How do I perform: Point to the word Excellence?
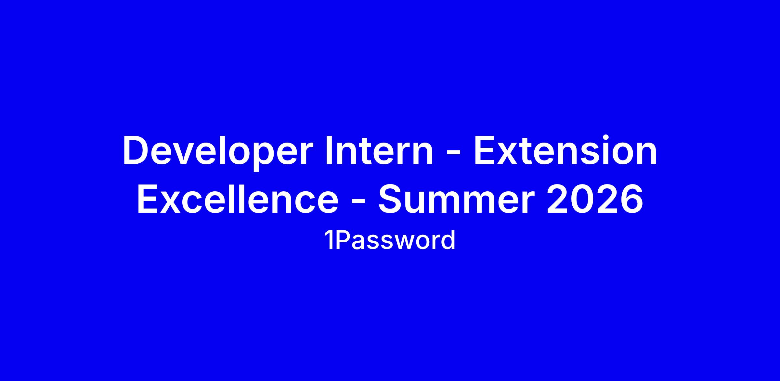[x=238, y=198]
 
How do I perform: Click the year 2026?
[x=595, y=198]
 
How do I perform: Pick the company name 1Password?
[x=390, y=241]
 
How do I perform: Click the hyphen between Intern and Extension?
[x=454, y=154]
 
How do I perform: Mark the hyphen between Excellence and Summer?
[x=358, y=202]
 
